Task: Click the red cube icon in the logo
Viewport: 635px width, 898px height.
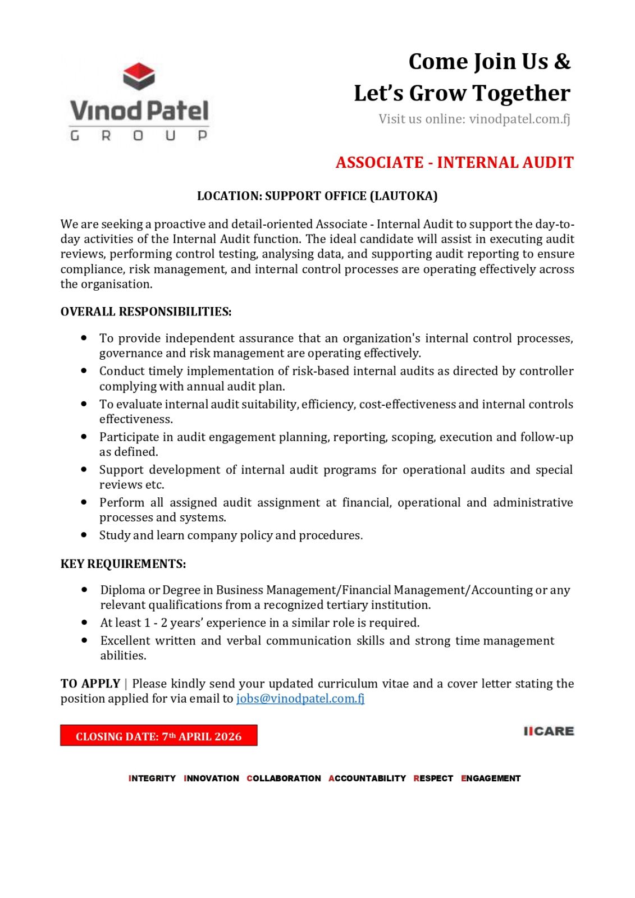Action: coord(139,76)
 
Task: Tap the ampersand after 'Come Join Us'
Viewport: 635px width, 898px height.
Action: coord(562,62)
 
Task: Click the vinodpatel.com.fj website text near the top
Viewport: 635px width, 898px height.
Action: coord(519,119)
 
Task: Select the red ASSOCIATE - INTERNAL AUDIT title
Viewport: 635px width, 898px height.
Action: coord(454,163)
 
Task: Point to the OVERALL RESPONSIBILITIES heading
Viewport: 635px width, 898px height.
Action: coord(146,311)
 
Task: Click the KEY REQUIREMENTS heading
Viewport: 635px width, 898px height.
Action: coord(123,563)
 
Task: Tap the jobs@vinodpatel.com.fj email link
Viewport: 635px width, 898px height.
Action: coord(300,699)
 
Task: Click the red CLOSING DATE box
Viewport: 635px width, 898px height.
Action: coord(158,736)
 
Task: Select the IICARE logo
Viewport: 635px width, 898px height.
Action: coord(549,731)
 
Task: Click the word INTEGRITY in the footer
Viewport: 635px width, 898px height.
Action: coord(152,778)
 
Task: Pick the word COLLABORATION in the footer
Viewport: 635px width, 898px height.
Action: coord(284,778)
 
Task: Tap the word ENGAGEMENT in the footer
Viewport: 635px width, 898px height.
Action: coord(491,778)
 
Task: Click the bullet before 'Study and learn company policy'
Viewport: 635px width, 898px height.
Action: coord(84,535)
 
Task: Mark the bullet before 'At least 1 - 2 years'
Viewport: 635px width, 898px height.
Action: coord(84,622)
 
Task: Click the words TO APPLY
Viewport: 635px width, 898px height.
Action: coord(90,684)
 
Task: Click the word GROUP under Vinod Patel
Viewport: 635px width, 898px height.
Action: coord(139,136)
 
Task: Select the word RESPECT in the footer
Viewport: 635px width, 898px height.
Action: coord(433,778)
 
